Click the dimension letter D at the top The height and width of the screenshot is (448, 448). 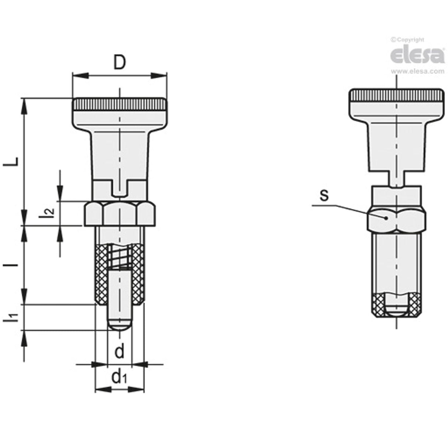[119, 63]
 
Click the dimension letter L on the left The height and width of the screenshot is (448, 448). [12, 161]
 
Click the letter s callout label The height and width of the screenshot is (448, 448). [324, 196]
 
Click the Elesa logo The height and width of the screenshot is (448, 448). [417, 56]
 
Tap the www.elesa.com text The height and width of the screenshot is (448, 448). [417, 72]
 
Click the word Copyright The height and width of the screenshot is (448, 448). [410, 40]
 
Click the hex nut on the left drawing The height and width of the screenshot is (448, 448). [120, 214]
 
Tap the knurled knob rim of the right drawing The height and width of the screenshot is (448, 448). [396, 96]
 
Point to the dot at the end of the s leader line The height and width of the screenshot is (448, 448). [386, 218]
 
